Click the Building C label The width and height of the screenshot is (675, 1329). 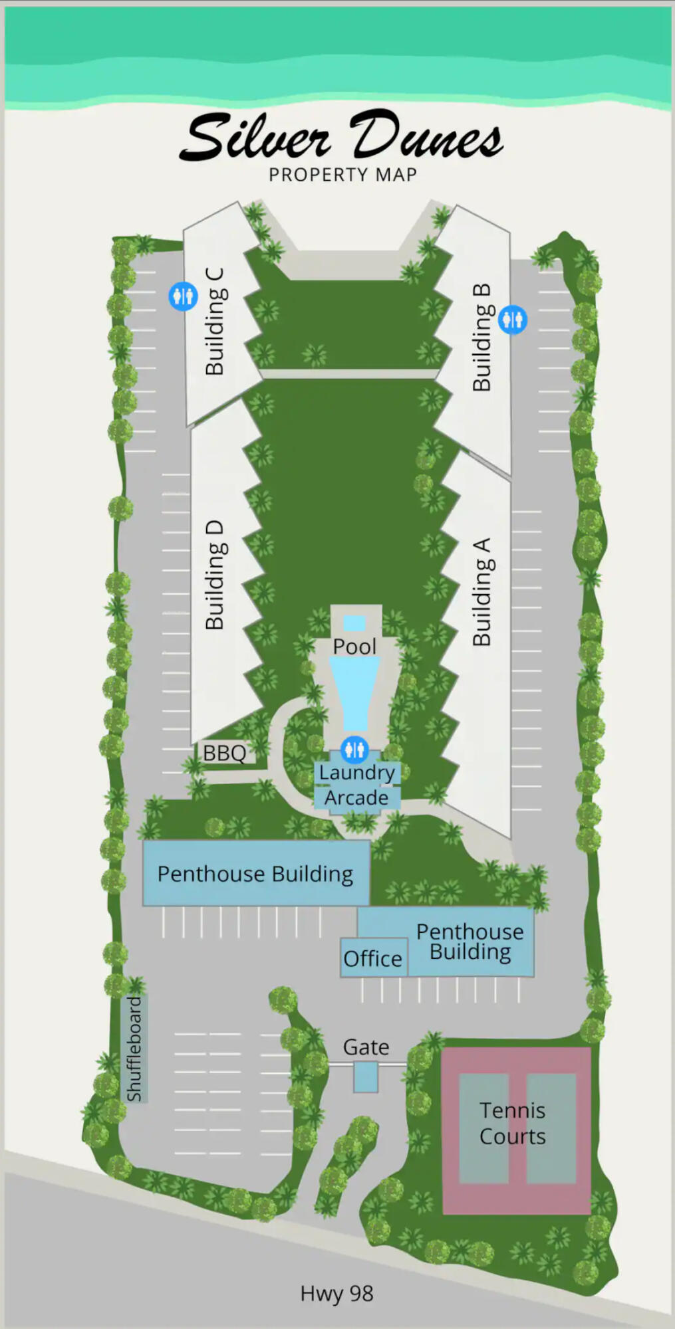click(x=214, y=322)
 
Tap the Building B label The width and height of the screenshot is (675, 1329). click(x=481, y=338)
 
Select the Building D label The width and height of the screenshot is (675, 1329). click(x=214, y=575)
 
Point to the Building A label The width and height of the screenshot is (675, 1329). click(x=481, y=591)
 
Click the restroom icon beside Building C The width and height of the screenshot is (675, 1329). click(x=183, y=296)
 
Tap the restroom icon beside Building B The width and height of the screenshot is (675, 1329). click(x=513, y=320)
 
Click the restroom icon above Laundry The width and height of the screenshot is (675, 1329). click(x=354, y=750)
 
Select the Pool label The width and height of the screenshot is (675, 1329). click(x=354, y=647)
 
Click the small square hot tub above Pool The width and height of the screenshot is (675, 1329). click(x=354, y=623)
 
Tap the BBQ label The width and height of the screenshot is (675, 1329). click(x=225, y=753)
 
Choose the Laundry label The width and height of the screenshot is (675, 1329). click(x=357, y=773)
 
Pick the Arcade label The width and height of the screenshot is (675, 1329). click(x=356, y=797)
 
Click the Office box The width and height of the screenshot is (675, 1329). click(x=373, y=958)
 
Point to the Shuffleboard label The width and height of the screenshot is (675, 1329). click(x=135, y=1049)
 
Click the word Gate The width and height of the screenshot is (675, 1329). click(x=366, y=1047)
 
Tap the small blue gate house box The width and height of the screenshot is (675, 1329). click(x=365, y=1077)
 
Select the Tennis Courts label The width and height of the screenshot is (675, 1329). click(x=513, y=1123)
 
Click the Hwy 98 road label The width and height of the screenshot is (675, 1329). click(x=337, y=1294)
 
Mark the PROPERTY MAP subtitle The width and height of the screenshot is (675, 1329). click(x=342, y=175)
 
